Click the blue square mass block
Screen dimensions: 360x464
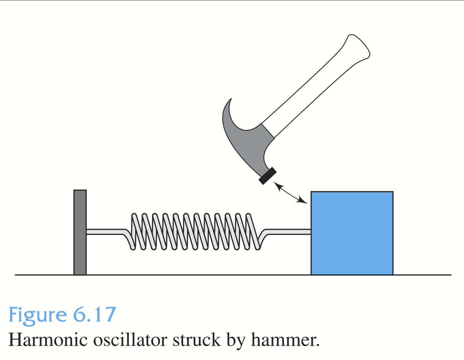pos(352,233)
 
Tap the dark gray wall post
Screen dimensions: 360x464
pos(80,232)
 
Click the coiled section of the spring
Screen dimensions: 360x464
pos(195,231)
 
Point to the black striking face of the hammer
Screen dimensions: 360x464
pos(268,176)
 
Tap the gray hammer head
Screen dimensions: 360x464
pos(249,142)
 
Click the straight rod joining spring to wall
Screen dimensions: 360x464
pos(105,232)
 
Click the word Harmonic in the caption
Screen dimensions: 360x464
pos(48,340)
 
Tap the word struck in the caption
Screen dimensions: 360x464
pos(196,340)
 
